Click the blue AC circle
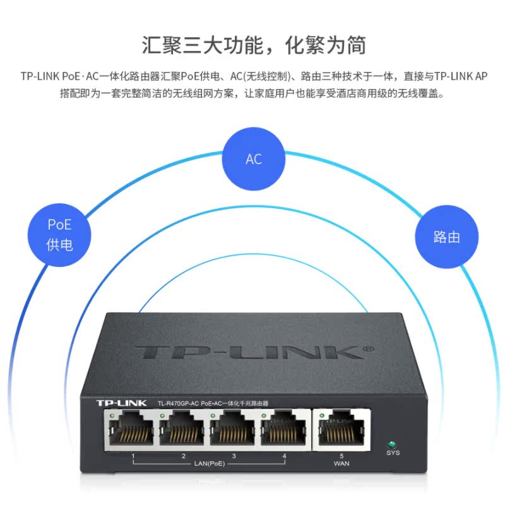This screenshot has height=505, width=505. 253,158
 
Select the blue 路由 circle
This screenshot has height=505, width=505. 446,237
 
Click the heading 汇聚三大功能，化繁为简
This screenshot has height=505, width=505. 252,46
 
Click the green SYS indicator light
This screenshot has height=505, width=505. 393,443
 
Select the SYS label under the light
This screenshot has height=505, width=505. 393,453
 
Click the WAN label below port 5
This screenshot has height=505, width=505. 341,464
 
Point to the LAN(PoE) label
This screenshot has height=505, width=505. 209,464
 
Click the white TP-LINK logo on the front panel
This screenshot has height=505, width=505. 121,402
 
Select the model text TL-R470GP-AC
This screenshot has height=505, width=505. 179,403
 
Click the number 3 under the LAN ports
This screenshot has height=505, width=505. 234,456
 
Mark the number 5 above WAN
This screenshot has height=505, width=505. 341,456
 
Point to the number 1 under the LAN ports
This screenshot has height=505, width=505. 133,456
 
